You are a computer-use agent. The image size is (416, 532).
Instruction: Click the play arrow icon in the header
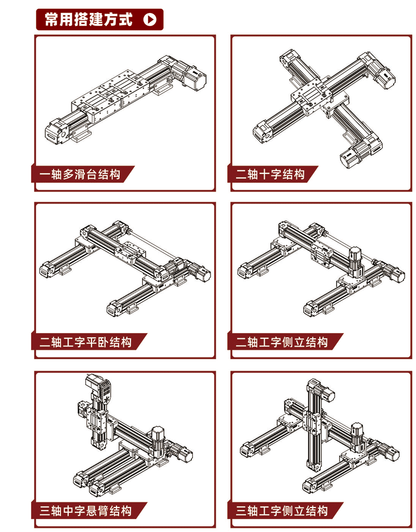[150, 19]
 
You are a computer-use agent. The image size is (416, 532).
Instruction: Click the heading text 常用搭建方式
[89, 19]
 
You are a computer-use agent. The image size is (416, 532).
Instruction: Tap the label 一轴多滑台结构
[80, 174]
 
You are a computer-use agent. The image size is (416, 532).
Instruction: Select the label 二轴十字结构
[270, 174]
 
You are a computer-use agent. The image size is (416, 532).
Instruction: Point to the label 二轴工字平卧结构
[85, 341]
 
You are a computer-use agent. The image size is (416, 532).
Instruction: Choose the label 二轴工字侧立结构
[282, 341]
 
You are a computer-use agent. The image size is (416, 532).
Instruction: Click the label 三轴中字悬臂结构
[85, 511]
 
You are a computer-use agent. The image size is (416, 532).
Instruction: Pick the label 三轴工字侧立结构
[282, 511]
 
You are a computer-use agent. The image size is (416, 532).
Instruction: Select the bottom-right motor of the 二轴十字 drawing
[353, 156]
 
